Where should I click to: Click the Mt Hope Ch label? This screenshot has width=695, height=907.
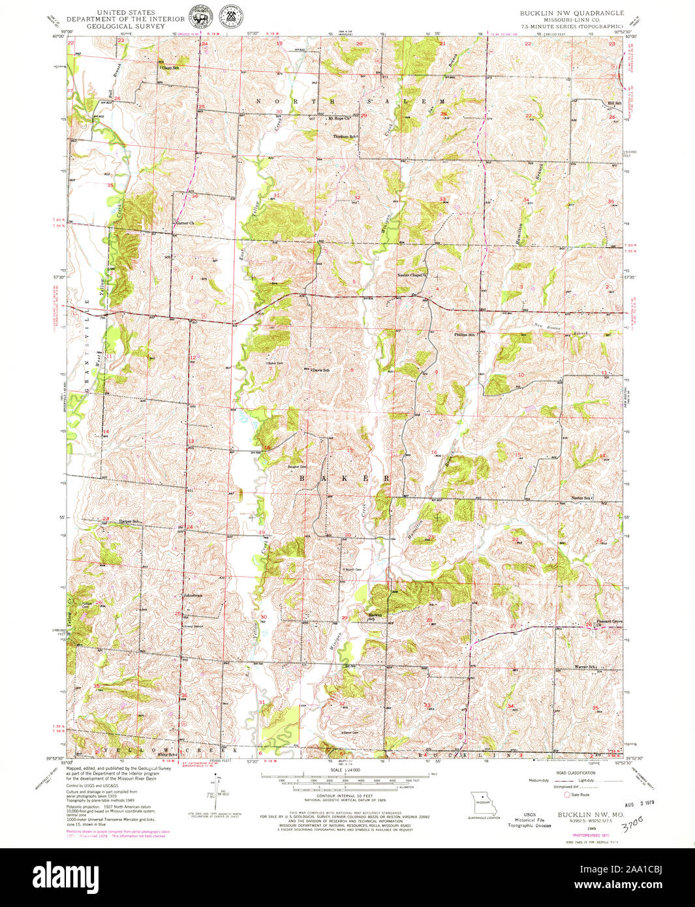[x=340, y=119]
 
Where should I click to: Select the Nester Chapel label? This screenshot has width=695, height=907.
[x=411, y=275]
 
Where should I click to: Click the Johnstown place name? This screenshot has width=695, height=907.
[x=194, y=595]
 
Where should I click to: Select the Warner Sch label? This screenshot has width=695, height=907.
[x=586, y=667]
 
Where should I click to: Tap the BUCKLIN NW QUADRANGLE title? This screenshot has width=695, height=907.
[x=571, y=13]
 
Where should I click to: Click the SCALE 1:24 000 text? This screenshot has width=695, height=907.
[x=346, y=771]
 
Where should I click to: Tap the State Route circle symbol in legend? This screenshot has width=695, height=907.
[x=567, y=795]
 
